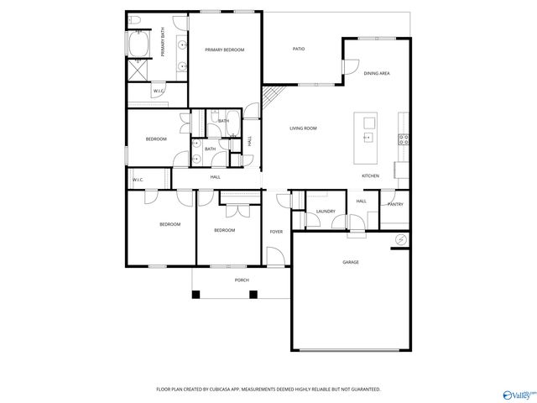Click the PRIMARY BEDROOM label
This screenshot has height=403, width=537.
224,50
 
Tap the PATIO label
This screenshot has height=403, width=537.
299,49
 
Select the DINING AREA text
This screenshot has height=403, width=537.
377,74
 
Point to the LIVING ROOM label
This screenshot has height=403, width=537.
303,128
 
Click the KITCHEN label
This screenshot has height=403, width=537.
370,176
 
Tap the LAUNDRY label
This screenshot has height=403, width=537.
326,212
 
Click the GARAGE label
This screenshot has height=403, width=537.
351,263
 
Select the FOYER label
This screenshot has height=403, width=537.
276,231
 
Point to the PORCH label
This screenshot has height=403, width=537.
242,280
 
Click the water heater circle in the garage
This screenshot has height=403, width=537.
400,241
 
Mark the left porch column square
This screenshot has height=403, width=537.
196,295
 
